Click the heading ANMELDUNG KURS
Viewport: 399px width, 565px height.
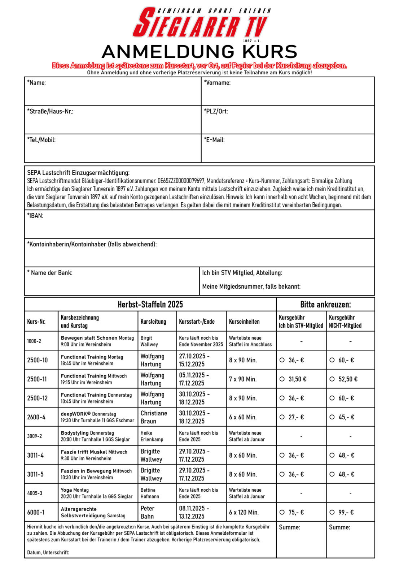click(199, 52)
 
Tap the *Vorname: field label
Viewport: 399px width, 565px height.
click(217, 83)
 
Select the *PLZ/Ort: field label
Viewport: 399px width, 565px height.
click(216, 111)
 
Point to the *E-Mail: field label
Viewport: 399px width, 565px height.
click(214, 140)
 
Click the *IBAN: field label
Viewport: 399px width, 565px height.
click(35, 216)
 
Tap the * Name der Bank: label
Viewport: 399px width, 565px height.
click(50, 273)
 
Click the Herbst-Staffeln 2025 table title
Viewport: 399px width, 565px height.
click(150, 305)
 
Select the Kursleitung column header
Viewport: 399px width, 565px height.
click(153, 322)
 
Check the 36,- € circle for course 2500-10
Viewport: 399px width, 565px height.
click(282, 360)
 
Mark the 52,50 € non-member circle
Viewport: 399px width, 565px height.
click(332, 379)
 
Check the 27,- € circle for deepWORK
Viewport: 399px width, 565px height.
click(282, 417)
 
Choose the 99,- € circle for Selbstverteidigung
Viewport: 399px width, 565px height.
click(332, 512)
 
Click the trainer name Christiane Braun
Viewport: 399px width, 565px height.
click(154, 417)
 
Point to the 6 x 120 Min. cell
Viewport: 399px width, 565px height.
click(244, 512)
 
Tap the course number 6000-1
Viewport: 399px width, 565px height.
click(36, 512)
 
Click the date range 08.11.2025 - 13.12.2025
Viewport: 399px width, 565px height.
click(194, 512)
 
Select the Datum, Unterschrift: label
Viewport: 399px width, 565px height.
click(48, 552)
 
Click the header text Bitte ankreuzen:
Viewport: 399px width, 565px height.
click(325, 305)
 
